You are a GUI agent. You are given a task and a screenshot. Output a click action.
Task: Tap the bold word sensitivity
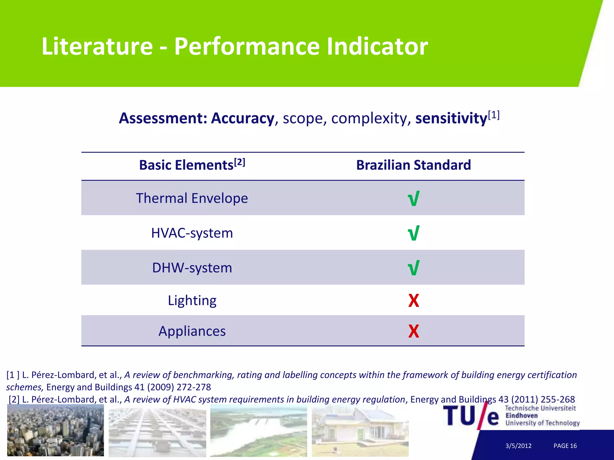[451, 118]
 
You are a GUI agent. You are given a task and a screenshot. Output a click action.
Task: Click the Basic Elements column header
[192, 165]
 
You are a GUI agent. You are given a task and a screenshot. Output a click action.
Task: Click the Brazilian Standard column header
[413, 165]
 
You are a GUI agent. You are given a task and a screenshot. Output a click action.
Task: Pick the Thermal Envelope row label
[192, 198]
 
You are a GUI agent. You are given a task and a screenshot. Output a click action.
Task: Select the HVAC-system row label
[192, 233]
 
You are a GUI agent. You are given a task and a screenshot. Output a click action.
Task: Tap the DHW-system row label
[192, 268]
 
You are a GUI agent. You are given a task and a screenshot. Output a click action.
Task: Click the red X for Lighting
[413, 301]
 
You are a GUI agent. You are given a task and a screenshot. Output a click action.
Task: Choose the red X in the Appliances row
[413, 331]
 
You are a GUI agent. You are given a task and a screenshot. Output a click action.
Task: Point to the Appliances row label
[192, 331]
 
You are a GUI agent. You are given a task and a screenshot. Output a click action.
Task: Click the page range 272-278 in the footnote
[194, 387]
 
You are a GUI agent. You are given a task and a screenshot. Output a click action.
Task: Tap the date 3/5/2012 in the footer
[518, 446]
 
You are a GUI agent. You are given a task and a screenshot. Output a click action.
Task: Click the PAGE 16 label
[565, 446]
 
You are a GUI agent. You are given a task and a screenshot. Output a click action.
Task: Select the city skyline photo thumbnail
[55, 430]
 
